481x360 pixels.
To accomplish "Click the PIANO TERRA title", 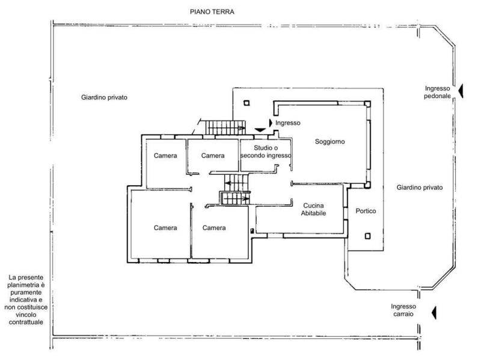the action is (x=212, y=12).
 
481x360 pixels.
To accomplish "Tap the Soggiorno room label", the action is (x=329, y=142).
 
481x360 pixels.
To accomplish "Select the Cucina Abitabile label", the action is (x=313, y=209).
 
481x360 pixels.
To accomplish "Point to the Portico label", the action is (x=366, y=211).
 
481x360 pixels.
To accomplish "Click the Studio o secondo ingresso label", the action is (x=266, y=152).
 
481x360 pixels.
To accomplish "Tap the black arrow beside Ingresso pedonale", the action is (x=461, y=91).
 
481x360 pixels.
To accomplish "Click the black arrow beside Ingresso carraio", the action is (x=434, y=313).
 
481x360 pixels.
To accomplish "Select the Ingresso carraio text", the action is (x=403, y=310).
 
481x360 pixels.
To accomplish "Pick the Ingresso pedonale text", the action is (x=438, y=92).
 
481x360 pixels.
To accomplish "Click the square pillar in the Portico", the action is (x=367, y=236).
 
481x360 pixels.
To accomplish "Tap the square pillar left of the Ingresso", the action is (x=247, y=103).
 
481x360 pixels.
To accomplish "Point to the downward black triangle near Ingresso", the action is (x=260, y=130).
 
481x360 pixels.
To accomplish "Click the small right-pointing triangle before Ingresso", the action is (x=271, y=123).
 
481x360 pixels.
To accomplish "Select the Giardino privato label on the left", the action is (x=104, y=97).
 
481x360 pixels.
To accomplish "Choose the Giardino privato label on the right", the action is (x=420, y=188).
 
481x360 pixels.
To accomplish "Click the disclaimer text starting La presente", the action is (x=26, y=299).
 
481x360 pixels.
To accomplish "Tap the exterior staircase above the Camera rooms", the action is (x=225, y=127).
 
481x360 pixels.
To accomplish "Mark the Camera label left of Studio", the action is (x=213, y=156).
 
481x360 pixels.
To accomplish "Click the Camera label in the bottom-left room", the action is (x=165, y=228).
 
